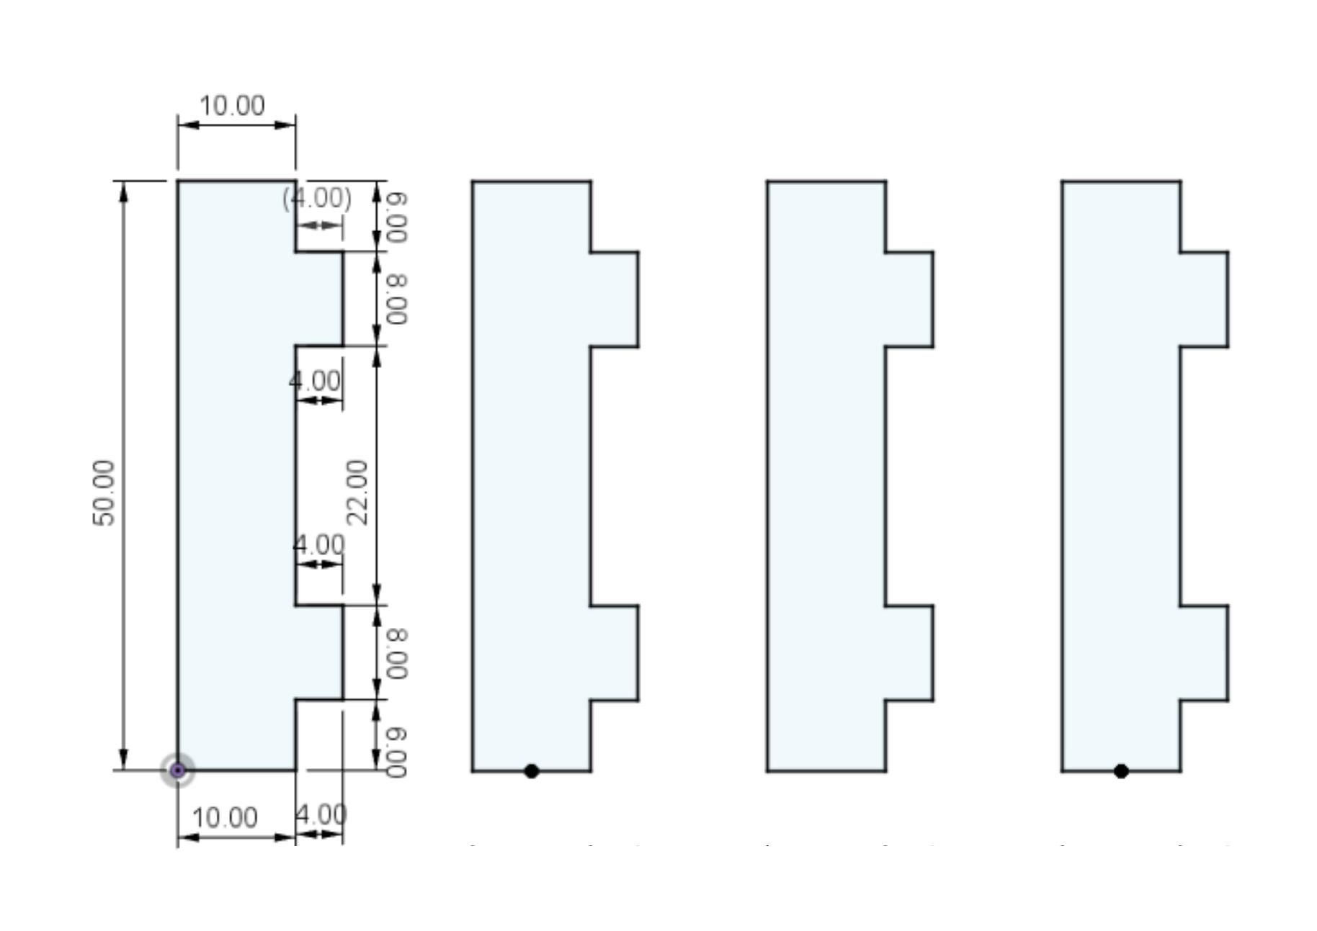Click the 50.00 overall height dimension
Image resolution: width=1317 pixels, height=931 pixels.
104,493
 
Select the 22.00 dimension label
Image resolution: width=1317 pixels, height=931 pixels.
357,493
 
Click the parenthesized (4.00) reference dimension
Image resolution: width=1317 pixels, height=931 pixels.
317,198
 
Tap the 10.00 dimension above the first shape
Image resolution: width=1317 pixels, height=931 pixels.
232,106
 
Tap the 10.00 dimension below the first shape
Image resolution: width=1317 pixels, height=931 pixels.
225,818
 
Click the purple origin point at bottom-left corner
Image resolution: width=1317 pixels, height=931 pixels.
178,770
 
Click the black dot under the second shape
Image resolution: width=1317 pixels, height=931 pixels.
532,771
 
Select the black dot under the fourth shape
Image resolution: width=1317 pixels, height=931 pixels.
1121,771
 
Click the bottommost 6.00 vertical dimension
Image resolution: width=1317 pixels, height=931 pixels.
396,752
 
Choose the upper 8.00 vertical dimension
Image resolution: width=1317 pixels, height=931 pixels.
396,300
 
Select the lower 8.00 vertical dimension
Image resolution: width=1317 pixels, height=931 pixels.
396,653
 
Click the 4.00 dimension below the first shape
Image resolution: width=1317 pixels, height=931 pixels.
321,815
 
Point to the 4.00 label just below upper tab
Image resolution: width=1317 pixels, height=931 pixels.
315,381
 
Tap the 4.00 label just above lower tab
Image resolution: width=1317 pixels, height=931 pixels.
318,544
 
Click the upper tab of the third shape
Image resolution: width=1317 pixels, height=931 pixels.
909,300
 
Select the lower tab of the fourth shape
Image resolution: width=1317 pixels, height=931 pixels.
1204,652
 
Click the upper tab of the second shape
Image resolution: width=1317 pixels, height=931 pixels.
615,300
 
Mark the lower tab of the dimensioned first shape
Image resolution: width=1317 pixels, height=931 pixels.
319,652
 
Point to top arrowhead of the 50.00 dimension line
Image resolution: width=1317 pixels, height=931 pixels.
124,191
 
